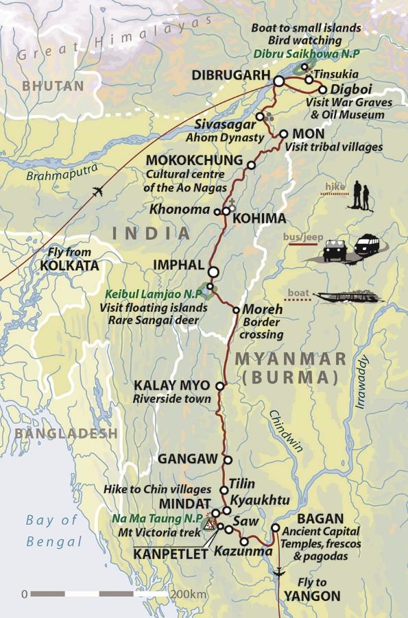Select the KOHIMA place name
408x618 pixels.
point(259,219)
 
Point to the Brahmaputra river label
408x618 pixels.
point(62,172)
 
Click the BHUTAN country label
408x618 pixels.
point(53,86)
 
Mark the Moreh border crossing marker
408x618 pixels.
point(237,310)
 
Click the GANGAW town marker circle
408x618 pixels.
point(228,460)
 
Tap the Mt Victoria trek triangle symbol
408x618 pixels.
point(209,526)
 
